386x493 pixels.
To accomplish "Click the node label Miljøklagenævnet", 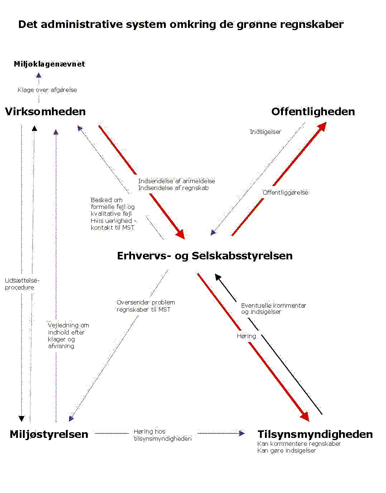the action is pyautogui.click(x=49, y=64).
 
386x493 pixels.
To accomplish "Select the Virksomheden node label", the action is pyautogui.click(x=45, y=112).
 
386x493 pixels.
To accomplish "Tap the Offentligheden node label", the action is pyautogui.click(x=313, y=112).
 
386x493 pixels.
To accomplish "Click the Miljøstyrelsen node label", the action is pyautogui.click(x=49, y=434).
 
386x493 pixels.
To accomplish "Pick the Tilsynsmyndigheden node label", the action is pyautogui.click(x=315, y=434).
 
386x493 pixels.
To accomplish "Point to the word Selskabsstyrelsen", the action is pyautogui.click(x=242, y=256).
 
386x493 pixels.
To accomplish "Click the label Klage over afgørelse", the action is pyautogui.click(x=47, y=90).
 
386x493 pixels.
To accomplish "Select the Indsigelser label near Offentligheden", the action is pyautogui.click(x=265, y=132).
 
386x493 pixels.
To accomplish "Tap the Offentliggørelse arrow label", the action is pyautogui.click(x=285, y=192).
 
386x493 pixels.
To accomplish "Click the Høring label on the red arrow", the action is pyautogui.click(x=246, y=336).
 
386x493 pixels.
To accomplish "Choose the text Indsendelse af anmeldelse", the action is pyautogui.click(x=177, y=181).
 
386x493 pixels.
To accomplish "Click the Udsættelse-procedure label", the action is pyautogui.click(x=22, y=284).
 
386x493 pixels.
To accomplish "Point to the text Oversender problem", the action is pyautogui.click(x=146, y=302).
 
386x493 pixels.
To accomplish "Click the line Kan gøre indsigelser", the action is pyautogui.click(x=286, y=450).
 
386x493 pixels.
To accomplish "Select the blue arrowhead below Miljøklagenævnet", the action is pyautogui.click(x=39, y=75).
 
